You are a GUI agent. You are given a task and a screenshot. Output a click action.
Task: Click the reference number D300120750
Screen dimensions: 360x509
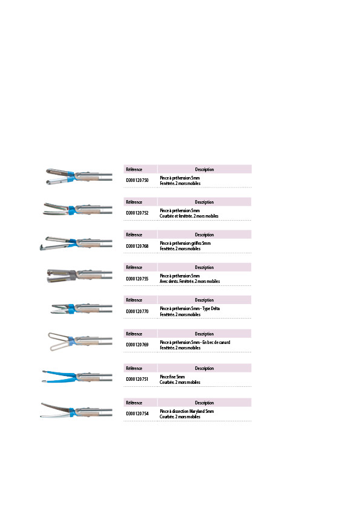pos(137,180)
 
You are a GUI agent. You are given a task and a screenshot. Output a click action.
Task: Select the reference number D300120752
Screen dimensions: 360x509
pos(137,213)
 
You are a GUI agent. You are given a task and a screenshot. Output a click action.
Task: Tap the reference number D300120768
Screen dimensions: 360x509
pos(137,246)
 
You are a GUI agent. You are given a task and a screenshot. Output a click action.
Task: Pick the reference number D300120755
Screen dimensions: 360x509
pos(137,279)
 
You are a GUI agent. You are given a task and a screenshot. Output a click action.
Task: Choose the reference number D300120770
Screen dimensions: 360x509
pos(137,311)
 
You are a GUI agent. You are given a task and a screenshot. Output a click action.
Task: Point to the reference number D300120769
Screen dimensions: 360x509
pos(137,345)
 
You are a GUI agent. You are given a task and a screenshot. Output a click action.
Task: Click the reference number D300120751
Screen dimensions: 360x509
pos(137,379)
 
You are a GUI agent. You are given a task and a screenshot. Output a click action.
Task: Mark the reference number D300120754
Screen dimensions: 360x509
pos(137,413)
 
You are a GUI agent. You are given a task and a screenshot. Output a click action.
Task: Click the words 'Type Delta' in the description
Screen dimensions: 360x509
pos(211,309)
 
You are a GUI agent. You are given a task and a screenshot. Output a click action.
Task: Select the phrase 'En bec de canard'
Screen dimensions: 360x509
pos(216,342)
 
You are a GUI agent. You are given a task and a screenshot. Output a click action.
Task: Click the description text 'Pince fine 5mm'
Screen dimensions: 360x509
pos(172,377)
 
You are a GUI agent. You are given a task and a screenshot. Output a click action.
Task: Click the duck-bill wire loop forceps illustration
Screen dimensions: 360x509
pos(80,342)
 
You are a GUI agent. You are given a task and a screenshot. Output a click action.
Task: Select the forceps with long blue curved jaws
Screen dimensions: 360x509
pos(77,377)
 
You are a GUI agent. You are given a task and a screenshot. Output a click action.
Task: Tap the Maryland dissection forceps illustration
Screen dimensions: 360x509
pos(77,410)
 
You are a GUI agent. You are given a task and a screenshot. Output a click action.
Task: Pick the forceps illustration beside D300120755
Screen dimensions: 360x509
pos(80,276)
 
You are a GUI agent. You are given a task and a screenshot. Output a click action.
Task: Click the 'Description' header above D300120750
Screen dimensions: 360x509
pos(205,169)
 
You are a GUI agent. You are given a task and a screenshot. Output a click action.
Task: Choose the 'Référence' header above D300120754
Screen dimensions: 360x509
pos(134,403)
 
